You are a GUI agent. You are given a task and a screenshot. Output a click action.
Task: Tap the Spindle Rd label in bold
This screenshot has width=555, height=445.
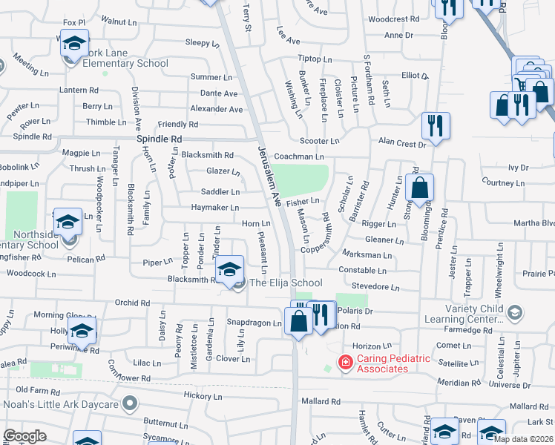(x=160, y=139)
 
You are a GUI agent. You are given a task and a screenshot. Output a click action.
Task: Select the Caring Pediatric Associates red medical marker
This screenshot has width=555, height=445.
(x=345, y=363)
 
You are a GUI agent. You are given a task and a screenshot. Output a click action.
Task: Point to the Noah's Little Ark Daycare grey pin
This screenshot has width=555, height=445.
(x=131, y=404)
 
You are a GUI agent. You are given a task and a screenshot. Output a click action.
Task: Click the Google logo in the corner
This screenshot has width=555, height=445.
(x=24, y=436)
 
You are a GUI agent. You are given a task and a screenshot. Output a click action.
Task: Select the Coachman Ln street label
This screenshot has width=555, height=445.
(x=299, y=156)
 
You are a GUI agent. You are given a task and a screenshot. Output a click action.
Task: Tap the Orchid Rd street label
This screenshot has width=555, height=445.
(x=132, y=303)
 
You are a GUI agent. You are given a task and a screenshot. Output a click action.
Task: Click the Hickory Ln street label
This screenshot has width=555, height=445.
(x=198, y=397)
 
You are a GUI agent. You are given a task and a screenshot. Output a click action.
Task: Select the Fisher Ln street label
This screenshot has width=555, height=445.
(x=303, y=201)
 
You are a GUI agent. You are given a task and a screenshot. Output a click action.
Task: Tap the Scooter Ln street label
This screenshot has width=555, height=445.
(x=319, y=140)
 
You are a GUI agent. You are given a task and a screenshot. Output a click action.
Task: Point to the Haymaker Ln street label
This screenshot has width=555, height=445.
(x=194, y=208)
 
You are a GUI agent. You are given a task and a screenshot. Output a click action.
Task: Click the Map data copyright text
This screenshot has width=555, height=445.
(x=523, y=439)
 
